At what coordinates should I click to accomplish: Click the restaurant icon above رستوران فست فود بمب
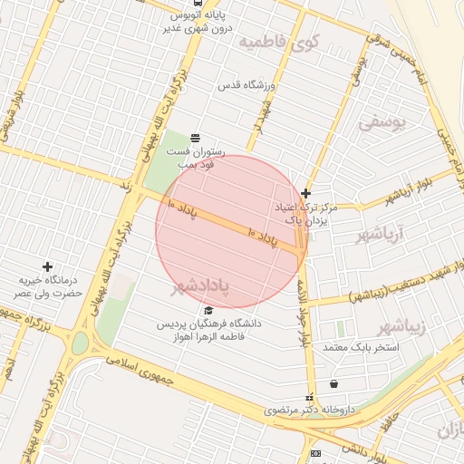(x=196, y=138)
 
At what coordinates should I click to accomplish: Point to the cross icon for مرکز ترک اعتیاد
(x=306, y=193)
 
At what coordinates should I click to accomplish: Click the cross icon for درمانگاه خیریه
(x=47, y=267)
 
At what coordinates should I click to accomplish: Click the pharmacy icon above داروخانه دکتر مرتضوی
(x=311, y=397)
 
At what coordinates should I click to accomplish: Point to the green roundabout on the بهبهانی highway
(x=81, y=343)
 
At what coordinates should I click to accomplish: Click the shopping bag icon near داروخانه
(x=334, y=384)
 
